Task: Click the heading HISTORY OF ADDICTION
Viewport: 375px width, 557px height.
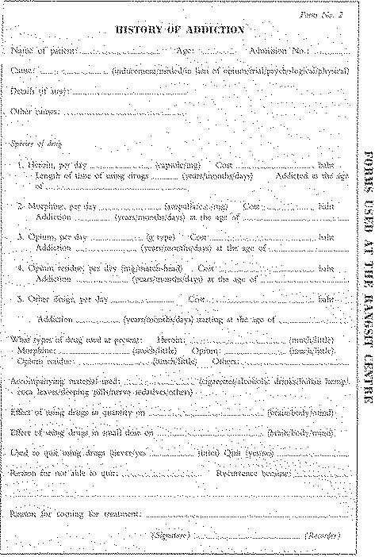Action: pos(181,30)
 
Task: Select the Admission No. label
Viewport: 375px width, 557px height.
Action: pos(274,51)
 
